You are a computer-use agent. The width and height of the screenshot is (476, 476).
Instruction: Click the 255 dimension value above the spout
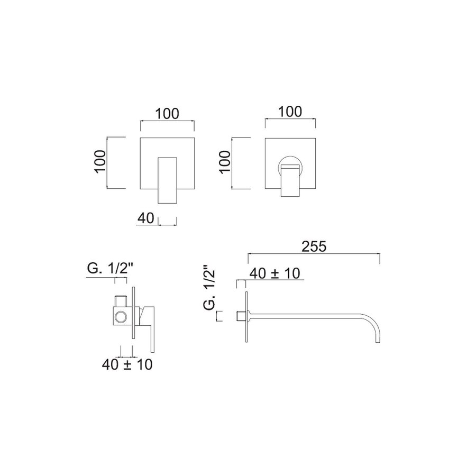coord(314,246)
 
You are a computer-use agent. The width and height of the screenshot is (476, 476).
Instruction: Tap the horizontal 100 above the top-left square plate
coord(167,113)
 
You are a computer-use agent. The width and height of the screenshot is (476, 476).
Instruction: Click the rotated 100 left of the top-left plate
coord(100,162)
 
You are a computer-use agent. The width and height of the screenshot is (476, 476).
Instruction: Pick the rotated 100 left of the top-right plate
coord(225,162)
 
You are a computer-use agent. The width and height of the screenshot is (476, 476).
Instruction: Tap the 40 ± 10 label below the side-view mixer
coord(127,365)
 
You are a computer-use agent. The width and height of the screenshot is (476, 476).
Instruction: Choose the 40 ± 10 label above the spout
coord(274,273)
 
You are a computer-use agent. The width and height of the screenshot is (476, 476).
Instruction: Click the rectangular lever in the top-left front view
coord(169,180)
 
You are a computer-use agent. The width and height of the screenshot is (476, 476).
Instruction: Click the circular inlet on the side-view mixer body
coord(121,317)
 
